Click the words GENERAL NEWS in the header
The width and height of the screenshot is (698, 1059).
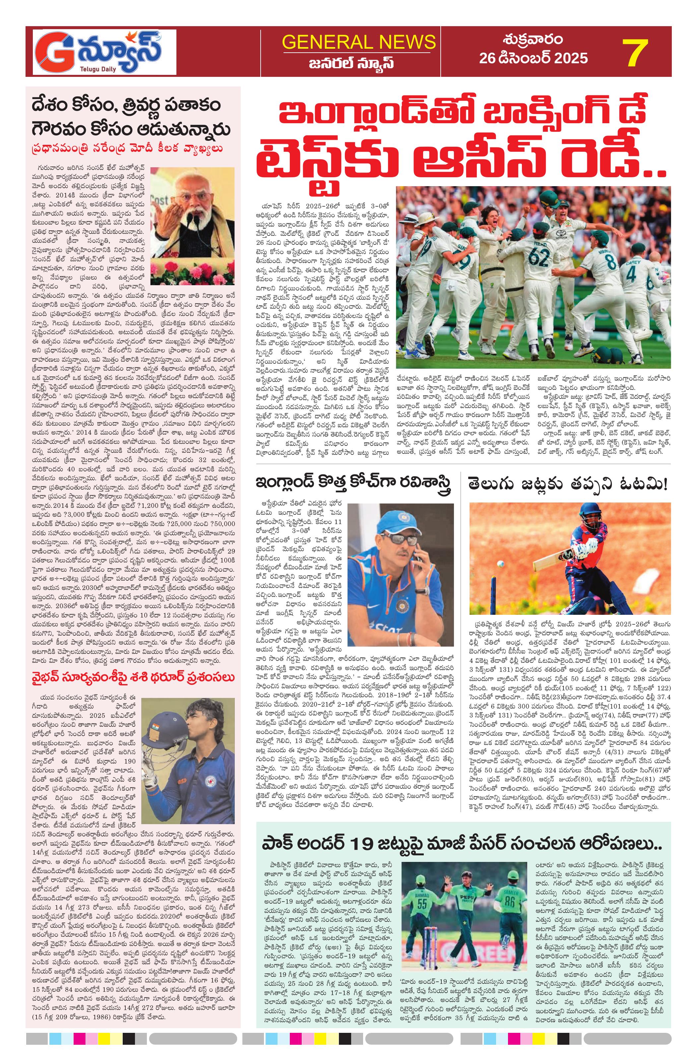[358, 42]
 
